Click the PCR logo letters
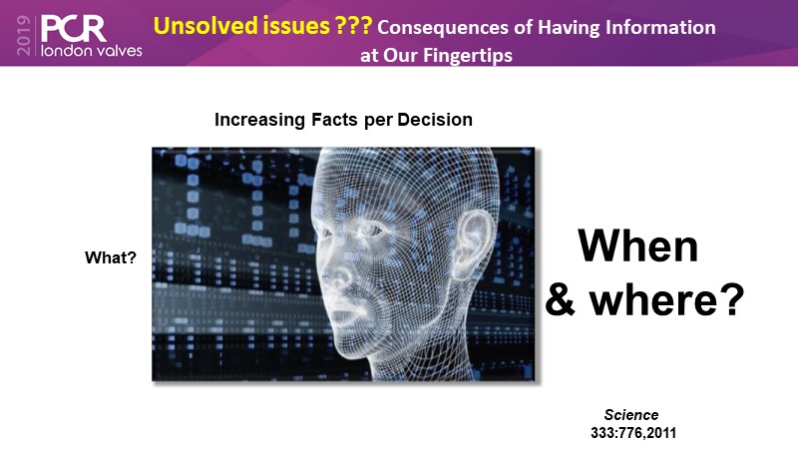[73, 29]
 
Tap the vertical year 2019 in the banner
[23, 35]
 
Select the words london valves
[91, 50]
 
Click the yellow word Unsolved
[241, 26]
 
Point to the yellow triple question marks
[353, 25]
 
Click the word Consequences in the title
[442, 28]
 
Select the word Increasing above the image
[259, 120]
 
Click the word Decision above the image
[435, 120]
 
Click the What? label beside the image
[111, 257]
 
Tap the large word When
[638, 245]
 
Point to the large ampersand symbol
[560, 300]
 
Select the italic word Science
[631, 414]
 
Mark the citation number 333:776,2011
[633, 433]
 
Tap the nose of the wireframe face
[340, 275]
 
